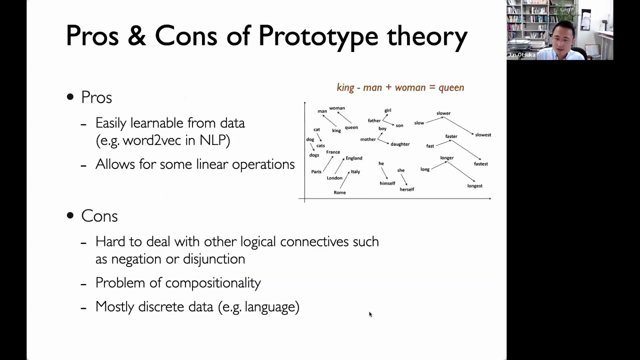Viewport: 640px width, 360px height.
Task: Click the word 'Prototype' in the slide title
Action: pyautogui.click(x=318, y=36)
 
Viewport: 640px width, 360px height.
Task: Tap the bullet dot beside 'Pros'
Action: pyautogui.click(x=70, y=97)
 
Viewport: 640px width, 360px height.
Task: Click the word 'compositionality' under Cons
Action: pyautogui.click(x=213, y=283)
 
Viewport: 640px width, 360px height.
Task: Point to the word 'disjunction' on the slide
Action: pyautogui.click(x=214, y=259)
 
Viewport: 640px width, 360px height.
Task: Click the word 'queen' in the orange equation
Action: pyautogui.click(x=451, y=87)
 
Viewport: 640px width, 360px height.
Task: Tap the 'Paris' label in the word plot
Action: pyautogui.click(x=316, y=171)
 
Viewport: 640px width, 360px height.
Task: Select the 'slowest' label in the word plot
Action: pyautogui.click(x=483, y=135)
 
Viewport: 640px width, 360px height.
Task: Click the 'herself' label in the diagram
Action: pyautogui.click(x=407, y=189)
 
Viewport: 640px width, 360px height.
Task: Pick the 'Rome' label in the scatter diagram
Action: pyautogui.click(x=339, y=192)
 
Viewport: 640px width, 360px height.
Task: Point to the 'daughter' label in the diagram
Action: pyautogui.click(x=400, y=144)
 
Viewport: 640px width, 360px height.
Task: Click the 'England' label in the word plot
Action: pyautogui.click(x=354, y=158)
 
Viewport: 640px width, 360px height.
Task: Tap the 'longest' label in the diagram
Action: pyautogui.click(x=475, y=186)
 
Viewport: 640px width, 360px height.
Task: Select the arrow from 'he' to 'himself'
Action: pyautogui.click(x=384, y=173)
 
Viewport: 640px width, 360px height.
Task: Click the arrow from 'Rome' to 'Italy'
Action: pyautogui.click(x=344, y=179)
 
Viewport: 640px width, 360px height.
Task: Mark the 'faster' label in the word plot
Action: pyautogui.click(x=451, y=136)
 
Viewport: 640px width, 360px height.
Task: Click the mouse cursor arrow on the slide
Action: pyautogui.click(x=370, y=314)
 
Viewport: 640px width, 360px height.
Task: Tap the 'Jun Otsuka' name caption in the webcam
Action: pyautogui.click(x=521, y=55)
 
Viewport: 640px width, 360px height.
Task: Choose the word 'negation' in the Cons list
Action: pyautogui.click(x=136, y=259)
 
